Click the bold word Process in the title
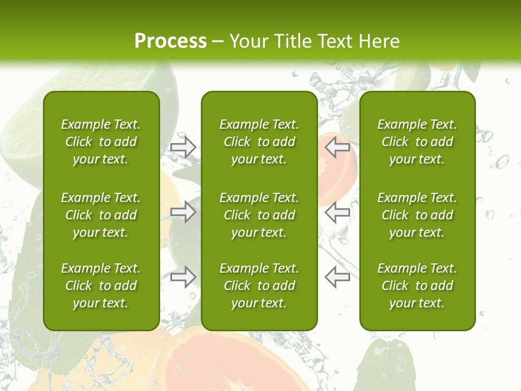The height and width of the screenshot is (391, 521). pos(170,41)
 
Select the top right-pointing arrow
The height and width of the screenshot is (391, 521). pos(183,147)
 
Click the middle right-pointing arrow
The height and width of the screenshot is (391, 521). pos(183,212)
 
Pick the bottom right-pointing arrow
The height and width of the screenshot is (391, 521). pos(183,276)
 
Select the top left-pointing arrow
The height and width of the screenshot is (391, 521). pos(337,147)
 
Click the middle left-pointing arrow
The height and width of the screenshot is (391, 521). pos(337,212)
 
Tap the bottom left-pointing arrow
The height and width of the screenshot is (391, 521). pos(337,276)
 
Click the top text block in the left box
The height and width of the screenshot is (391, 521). pos(101,142)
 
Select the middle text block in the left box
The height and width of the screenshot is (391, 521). pos(101,215)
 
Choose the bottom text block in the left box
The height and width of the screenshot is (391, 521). pos(101,286)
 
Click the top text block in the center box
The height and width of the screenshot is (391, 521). pos(259,142)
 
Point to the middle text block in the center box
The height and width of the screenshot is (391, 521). pos(259,215)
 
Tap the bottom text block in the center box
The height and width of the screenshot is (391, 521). pos(259,286)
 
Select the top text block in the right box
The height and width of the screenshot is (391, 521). pos(417,142)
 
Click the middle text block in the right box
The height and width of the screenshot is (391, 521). pos(417,215)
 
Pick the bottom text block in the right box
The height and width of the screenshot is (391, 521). pos(417,286)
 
